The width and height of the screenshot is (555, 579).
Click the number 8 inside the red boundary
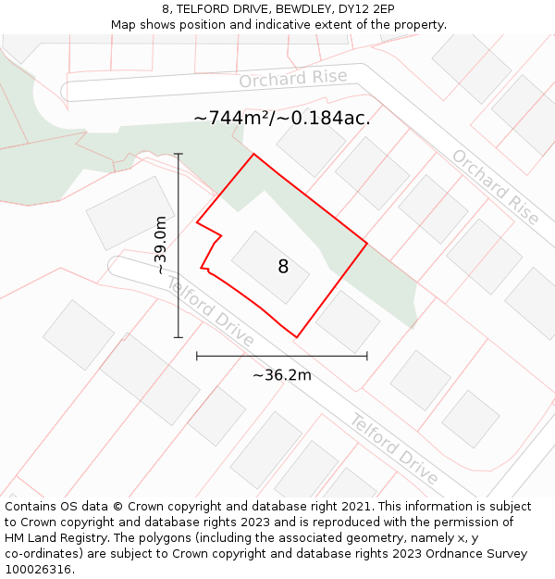pyautogui.click(x=283, y=267)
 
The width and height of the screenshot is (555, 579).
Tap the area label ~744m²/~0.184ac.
pyautogui.click(x=282, y=119)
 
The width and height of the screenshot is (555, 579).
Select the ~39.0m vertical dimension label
pyautogui.click(x=161, y=245)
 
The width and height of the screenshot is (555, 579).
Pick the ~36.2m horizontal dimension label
pyautogui.click(x=282, y=375)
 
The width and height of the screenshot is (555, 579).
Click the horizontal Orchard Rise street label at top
pyautogui.click(x=293, y=79)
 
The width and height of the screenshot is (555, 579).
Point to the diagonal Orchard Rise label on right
pyautogui.click(x=495, y=186)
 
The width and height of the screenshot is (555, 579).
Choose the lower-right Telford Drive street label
pyautogui.click(x=393, y=449)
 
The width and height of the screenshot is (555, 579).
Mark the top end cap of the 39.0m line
pyautogui.click(x=179, y=154)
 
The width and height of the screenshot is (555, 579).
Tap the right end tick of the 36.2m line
pyautogui.click(x=367, y=355)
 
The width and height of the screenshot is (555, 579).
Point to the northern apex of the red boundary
pyautogui.click(x=253, y=154)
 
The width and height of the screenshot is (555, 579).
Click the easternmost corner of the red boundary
pyautogui.click(x=367, y=244)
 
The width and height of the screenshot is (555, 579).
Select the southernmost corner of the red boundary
pyautogui.click(x=296, y=337)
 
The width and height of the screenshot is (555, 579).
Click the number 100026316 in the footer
pyautogui.click(x=37, y=570)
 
